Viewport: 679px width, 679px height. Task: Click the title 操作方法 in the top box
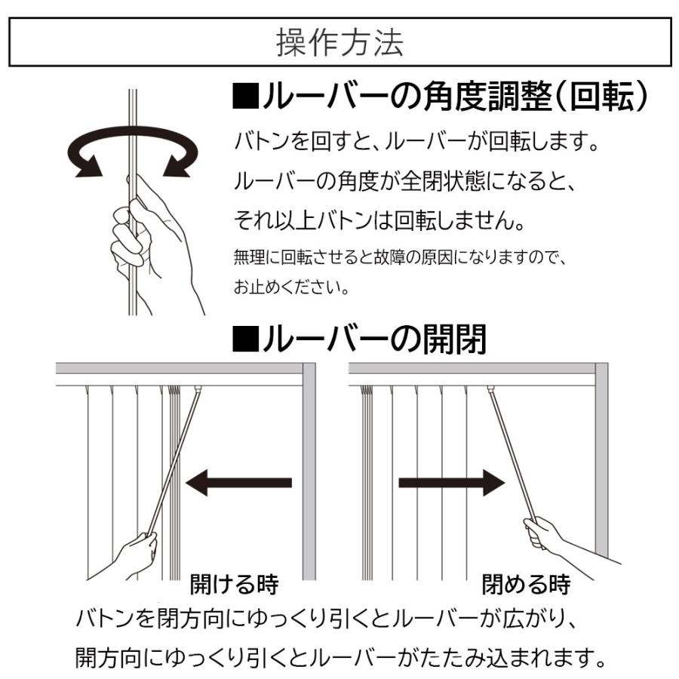339,43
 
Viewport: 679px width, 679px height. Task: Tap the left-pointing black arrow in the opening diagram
238,482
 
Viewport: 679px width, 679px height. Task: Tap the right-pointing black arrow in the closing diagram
451,482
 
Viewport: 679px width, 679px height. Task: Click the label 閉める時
526,584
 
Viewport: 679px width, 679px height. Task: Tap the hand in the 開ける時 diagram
136,554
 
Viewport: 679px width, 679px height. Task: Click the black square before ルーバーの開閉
245,340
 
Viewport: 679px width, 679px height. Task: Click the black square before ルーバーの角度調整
245,100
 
